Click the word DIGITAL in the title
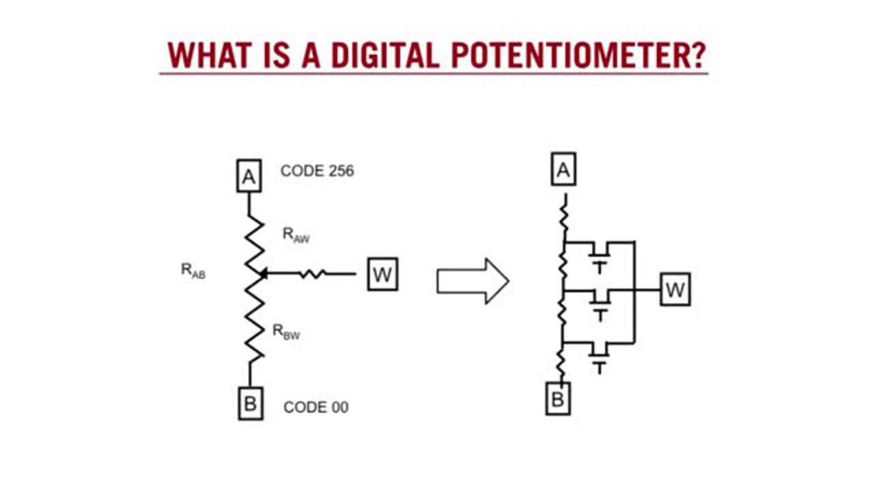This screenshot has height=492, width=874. (385, 55)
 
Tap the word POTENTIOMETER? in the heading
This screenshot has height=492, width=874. (578, 55)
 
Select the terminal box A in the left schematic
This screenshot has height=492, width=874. (249, 176)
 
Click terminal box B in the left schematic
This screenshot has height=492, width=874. (251, 403)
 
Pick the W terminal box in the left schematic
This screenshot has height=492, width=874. (383, 274)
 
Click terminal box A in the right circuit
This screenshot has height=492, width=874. (563, 169)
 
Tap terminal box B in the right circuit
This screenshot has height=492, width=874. (558, 398)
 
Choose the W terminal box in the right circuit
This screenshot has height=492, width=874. (675, 289)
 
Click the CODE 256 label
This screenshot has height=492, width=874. (318, 171)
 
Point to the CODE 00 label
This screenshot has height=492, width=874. (316, 407)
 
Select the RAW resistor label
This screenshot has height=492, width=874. (296, 235)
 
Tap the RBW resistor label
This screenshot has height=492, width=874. (286, 332)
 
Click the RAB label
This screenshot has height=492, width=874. (193, 271)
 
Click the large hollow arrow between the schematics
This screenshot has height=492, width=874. (473, 281)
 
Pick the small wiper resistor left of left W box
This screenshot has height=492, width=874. (313, 274)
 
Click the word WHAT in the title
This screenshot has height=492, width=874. (210, 55)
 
